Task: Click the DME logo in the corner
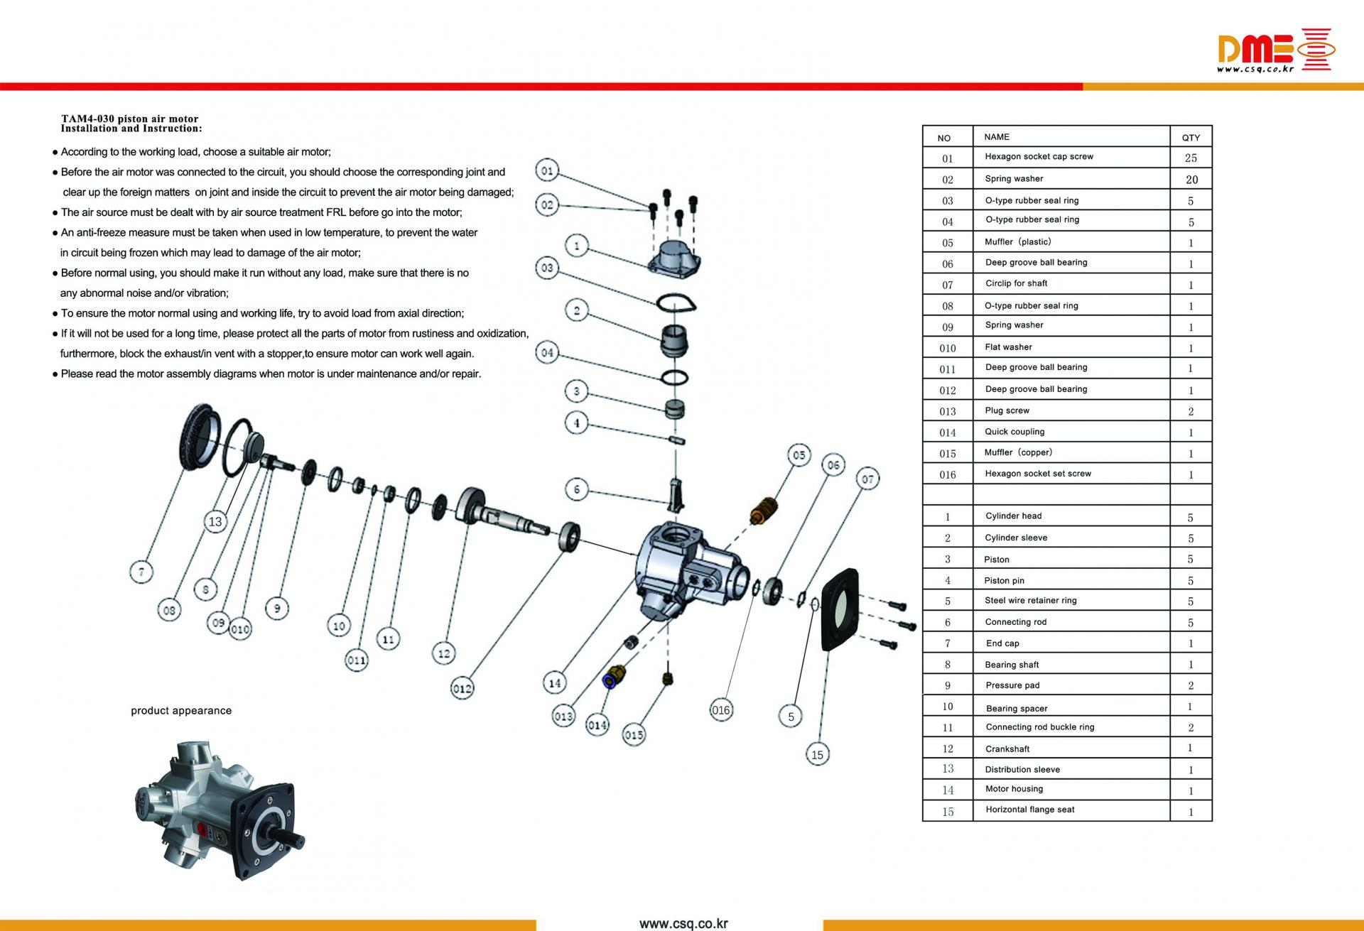(x=1275, y=50)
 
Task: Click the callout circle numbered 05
(x=799, y=455)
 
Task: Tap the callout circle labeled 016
(x=720, y=709)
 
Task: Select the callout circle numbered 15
(x=817, y=754)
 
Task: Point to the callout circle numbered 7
(x=141, y=571)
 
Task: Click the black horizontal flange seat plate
(x=840, y=609)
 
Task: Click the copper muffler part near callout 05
(x=764, y=508)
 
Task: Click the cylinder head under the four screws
(x=674, y=256)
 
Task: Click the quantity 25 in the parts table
(x=1191, y=158)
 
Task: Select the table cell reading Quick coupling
(x=1014, y=432)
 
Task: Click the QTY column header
(x=1191, y=138)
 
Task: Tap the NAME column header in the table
(x=996, y=137)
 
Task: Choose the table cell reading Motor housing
(x=1014, y=789)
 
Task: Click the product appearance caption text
(x=181, y=711)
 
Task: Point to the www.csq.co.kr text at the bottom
(x=683, y=924)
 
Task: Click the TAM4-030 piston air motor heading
(x=130, y=119)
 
